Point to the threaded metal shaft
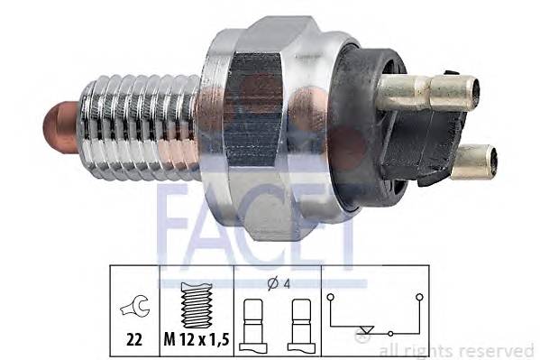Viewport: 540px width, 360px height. (x=135, y=123)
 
